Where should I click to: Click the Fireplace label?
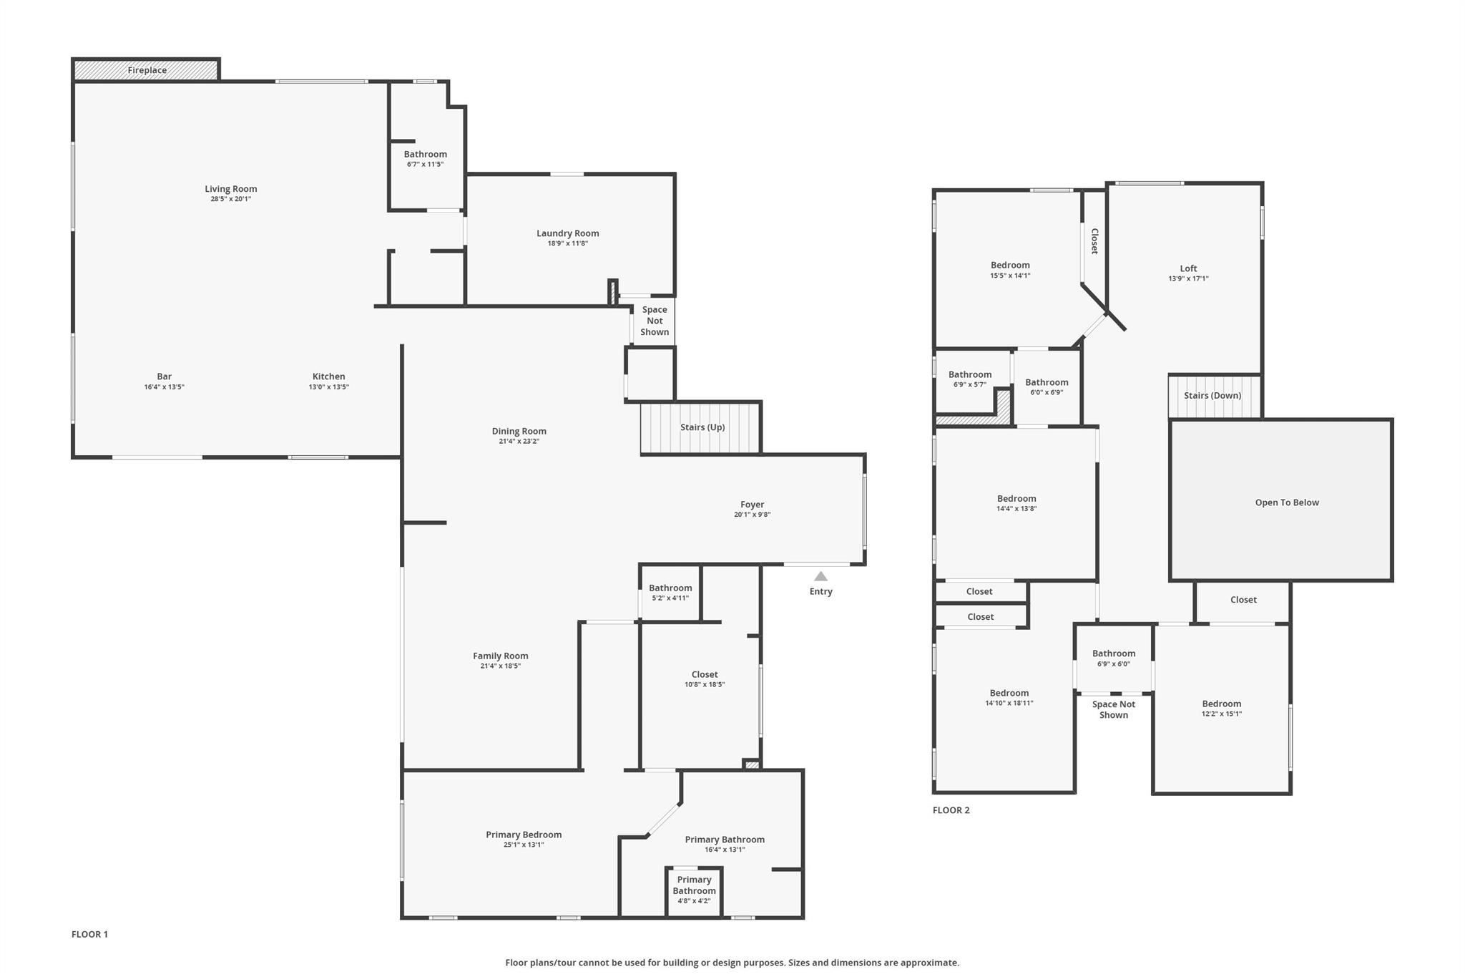(x=147, y=70)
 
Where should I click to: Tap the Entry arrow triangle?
(x=820, y=576)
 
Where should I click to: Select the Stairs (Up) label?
(x=702, y=427)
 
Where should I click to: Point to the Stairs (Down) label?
(x=1212, y=396)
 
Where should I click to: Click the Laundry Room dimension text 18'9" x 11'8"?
(x=568, y=243)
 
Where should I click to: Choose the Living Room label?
(x=230, y=189)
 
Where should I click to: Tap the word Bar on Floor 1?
(x=165, y=376)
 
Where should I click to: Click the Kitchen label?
(x=329, y=376)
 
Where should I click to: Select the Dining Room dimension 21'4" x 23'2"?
(x=519, y=442)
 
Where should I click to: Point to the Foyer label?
(x=752, y=505)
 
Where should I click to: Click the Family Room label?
(x=500, y=656)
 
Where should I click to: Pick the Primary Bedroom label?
(x=524, y=835)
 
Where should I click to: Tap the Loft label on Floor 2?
(x=1188, y=268)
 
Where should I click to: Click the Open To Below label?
(x=1287, y=502)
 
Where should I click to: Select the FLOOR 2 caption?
(x=951, y=810)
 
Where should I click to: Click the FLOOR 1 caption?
(x=89, y=934)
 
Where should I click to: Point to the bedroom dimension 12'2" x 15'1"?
(x=1221, y=714)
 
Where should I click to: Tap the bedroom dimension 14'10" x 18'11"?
(x=1009, y=703)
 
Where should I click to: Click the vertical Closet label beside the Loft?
(x=1094, y=241)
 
